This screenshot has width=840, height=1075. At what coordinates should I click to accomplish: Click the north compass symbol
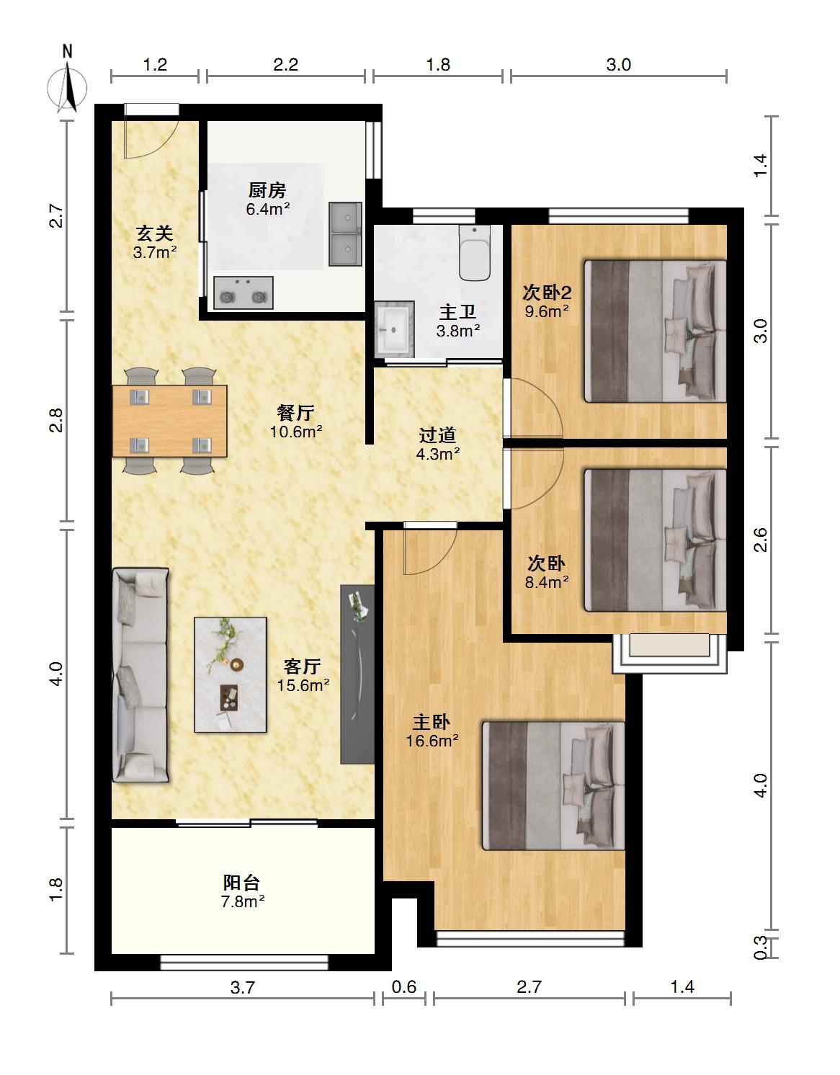tap(68, 84)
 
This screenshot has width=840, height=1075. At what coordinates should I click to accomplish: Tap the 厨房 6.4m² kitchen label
tap(267, 199)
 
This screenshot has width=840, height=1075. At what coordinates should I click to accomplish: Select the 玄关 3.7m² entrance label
tap(155, 242)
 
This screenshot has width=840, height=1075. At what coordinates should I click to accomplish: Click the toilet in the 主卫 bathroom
tap(475, 253)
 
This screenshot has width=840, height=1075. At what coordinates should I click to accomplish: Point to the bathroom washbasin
tap(393, 329)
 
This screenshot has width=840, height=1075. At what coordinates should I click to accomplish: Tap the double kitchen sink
tap(345, 233)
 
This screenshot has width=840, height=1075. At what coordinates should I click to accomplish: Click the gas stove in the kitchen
tap(243, 293)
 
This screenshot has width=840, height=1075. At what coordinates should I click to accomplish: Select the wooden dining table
tap(169, 421)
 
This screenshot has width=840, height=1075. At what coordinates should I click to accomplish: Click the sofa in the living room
tap(140, 675)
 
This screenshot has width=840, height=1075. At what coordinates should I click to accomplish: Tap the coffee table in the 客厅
tap(231, 675)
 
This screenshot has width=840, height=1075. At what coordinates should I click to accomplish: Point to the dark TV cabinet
tap(357, 674)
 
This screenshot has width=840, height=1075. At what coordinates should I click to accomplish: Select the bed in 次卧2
tap(655, 331)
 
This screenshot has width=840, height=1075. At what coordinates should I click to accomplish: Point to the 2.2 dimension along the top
tap(286, 65)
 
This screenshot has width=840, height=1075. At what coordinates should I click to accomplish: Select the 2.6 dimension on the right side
tap(761, 540)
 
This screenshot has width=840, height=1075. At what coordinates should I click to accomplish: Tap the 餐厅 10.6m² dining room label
tap(295, 421)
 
